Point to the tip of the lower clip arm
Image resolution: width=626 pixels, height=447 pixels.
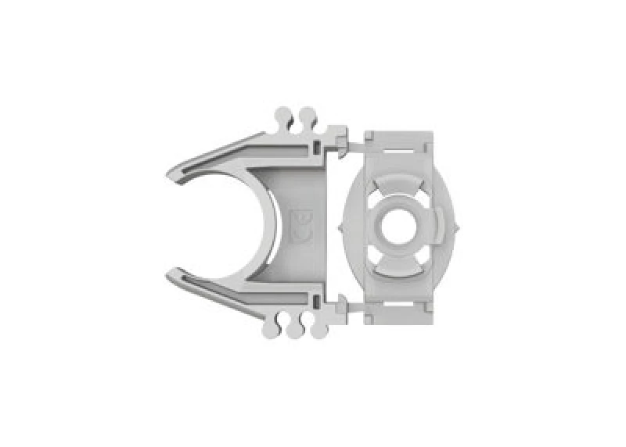pos(174,274)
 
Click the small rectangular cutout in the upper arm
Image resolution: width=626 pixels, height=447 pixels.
pos(315,145)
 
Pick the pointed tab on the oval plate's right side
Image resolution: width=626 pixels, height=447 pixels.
pos(458,227)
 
